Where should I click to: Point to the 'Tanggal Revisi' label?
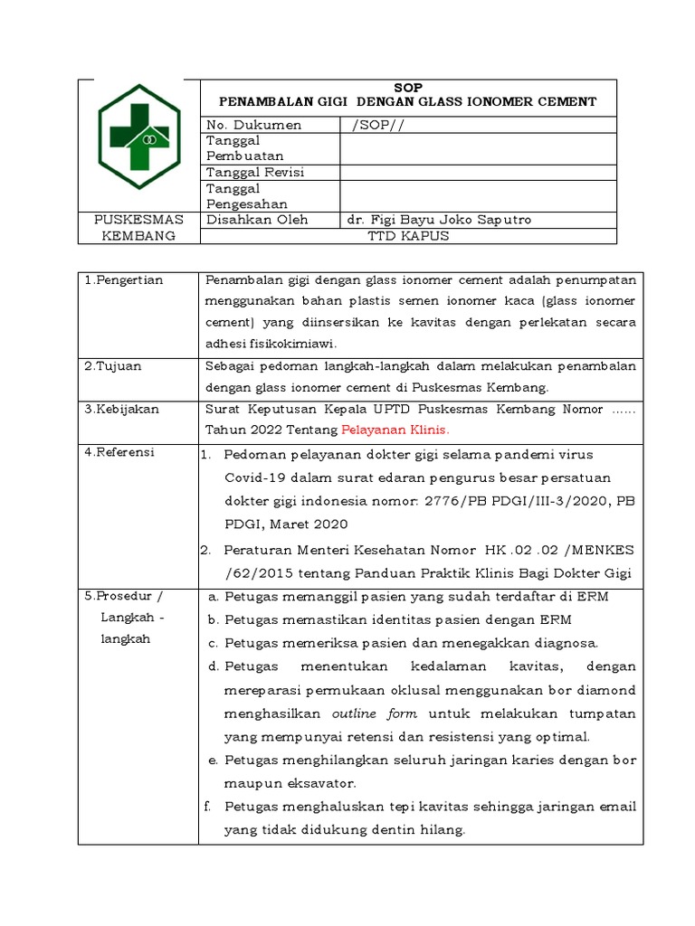click(x=255, y=172)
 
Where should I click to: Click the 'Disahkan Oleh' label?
click(x=258, y=220)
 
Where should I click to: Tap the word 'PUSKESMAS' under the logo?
click(x=139, y=220)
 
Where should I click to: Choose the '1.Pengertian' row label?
click(x=124, y=279)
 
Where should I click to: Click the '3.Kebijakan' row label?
click(x=122, y=409)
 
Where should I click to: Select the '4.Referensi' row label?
click(x=121, y=452)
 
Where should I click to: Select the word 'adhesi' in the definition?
click(x=225, y=343)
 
